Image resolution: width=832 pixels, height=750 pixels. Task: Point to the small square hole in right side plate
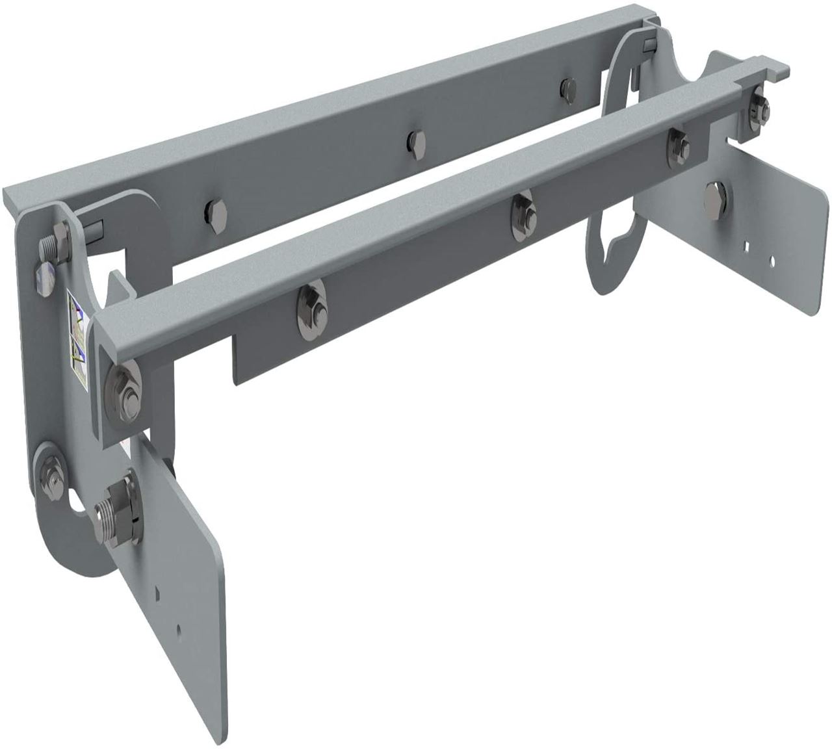tap(749, 246)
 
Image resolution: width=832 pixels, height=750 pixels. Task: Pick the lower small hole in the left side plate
tap(178, 629)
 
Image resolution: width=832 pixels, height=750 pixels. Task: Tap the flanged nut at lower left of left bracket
tap(49, 469)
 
